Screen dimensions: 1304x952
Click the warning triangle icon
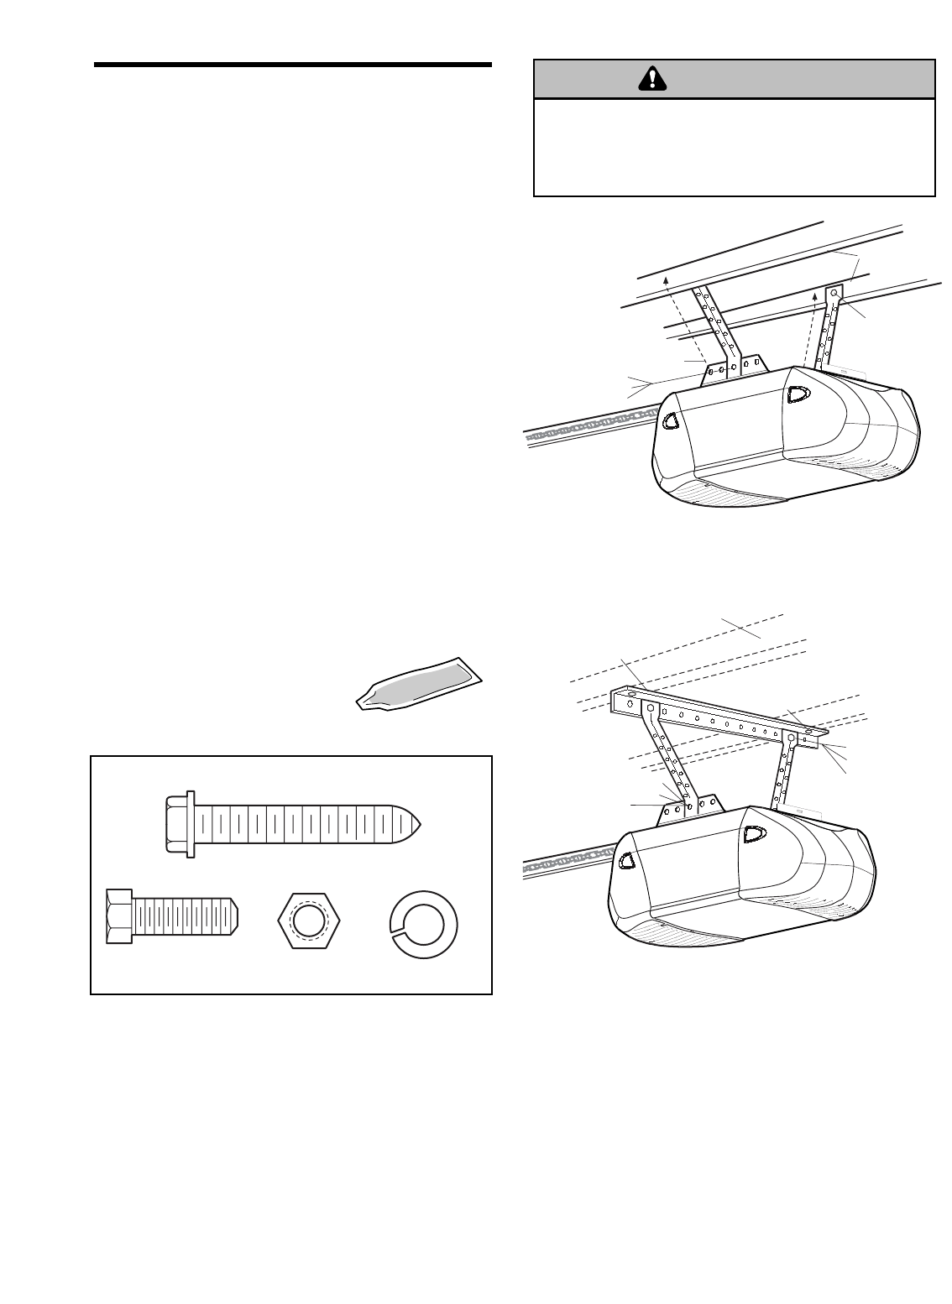[651, 79]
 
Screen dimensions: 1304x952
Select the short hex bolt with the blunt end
[173, 915]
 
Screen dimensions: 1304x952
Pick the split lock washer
[429, 920]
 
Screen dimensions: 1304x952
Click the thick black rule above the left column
[292, 65]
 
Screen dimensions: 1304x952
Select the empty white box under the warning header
[735, 148]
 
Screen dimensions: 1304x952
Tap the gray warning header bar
[735, 79]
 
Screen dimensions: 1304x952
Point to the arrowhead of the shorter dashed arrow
[815, 296]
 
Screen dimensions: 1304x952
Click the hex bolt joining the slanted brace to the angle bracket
[651, 709]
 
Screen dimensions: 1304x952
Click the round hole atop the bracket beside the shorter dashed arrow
[834, 295]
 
